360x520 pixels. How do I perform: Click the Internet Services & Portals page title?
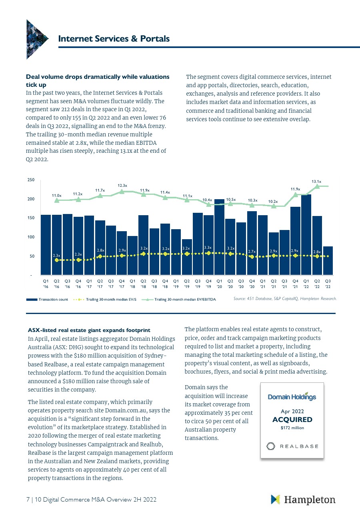(x=114, y=39)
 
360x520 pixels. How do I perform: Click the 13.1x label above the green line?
(x=317, y=182)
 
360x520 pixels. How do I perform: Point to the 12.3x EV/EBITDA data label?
(x=122, y=186)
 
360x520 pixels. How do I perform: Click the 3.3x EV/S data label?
(x=208, y=248)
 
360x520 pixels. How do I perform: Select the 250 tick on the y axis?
(x=30, y=180)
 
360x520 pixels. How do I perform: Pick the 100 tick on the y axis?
(x=30, y=237)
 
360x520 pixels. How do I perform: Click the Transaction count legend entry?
(x=47, y=299)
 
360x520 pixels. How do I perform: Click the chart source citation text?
(x=285, y=298)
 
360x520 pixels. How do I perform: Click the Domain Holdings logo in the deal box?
(x=292, y=396)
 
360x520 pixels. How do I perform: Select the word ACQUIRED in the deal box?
(x=292, y=420)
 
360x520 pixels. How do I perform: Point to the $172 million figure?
(x=292, y=428)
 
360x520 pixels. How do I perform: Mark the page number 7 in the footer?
(x=28, y=500)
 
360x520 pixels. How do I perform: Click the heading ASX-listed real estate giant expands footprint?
(x=89, y=330)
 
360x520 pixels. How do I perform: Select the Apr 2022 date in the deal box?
(x=292, y=411)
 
